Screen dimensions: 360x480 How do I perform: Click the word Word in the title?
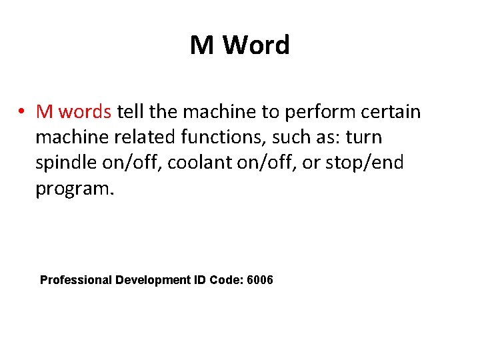(x=257, y=46)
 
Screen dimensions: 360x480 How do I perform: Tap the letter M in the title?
(x=203, y=46)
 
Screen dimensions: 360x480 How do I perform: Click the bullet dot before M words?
(x=22, y=111)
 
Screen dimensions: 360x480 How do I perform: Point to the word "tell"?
(x=131, y=111)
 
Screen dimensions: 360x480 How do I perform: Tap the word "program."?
(x=75, y=189)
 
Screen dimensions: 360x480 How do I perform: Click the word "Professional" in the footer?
(x=76, y=280)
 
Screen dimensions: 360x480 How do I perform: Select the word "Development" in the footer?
(x=153, y=280)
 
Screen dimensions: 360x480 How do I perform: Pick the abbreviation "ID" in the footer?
(x=201, y=280)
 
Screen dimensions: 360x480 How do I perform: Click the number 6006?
(x=259, y=280)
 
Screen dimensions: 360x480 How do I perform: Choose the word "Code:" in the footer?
(x=227, y=280)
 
